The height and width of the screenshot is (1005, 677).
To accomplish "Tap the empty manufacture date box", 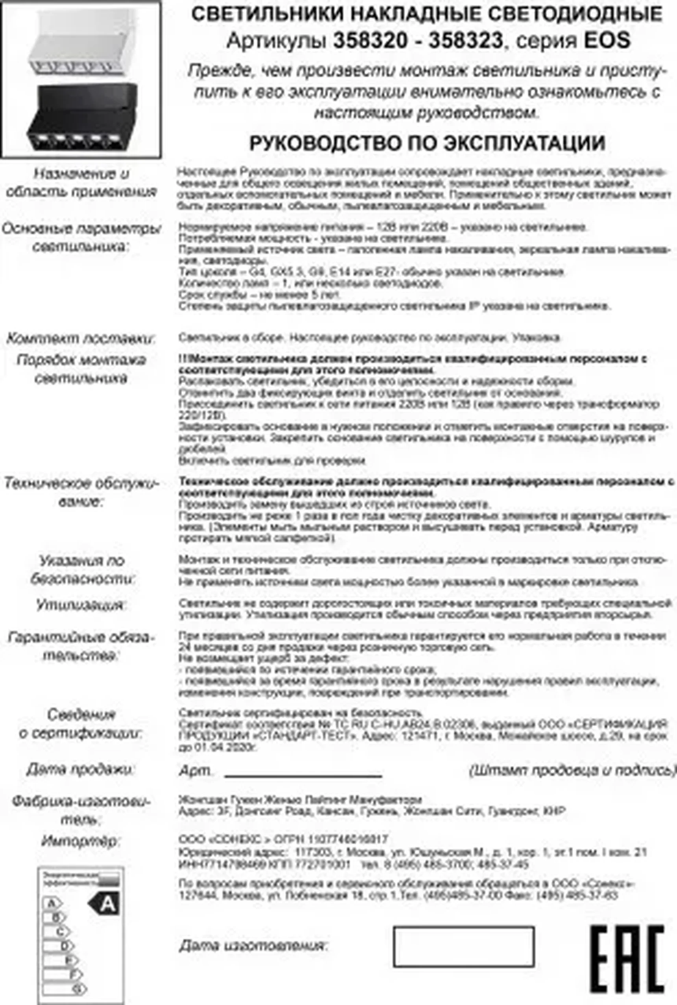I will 463,946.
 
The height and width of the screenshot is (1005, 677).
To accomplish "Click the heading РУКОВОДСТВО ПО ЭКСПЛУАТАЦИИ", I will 427,143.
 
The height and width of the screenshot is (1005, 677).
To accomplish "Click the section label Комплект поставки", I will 81,339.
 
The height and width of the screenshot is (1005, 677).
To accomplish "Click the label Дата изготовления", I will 254,946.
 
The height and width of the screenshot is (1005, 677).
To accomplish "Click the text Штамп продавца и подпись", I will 572,770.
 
